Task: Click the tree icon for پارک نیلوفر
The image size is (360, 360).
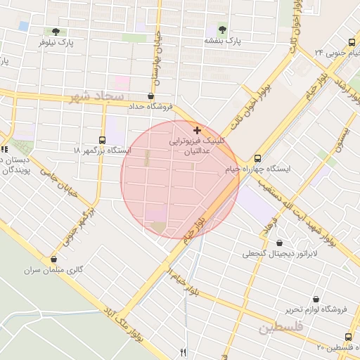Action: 56,32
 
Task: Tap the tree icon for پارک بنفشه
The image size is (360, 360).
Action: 222,30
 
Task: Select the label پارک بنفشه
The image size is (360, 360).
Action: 222,41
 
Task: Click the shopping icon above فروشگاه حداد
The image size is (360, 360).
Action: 151,96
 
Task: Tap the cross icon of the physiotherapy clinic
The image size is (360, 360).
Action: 196,130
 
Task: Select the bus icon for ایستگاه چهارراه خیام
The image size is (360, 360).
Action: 257,158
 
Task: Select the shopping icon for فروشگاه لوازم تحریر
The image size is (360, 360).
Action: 316,298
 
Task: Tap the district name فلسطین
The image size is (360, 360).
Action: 279,328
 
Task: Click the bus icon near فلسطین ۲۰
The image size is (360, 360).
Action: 349,337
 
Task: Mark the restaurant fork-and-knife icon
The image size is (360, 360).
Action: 184,352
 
